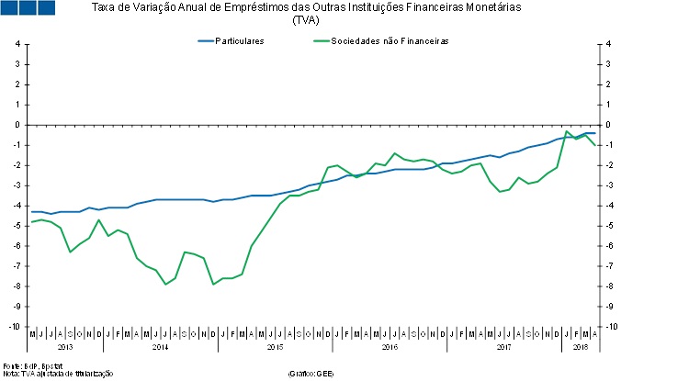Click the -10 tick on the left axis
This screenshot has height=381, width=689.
[15, 327]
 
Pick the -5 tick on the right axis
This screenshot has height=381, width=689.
[610, 226]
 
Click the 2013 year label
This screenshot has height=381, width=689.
[65, 347]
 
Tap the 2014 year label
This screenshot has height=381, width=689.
[160, 347]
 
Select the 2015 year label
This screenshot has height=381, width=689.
[275, 347]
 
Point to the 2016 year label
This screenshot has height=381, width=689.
[390, 347]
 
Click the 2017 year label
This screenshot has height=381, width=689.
[504, 347]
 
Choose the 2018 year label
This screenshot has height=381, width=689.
[581, 347]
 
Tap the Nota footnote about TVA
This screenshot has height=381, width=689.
[57, 373]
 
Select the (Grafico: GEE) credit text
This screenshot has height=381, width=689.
[311, 373]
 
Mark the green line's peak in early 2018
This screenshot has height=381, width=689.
[568, 131]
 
